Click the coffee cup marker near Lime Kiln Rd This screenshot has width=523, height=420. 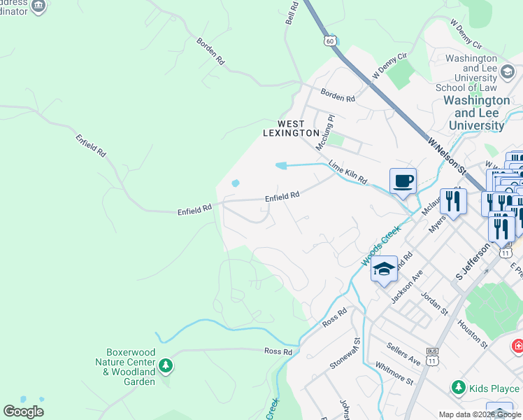(x=403, y=181)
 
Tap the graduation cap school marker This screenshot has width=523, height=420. (x=384, y=269)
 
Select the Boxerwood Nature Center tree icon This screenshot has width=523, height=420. (x=166, y=365)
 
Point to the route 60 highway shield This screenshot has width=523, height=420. (x=329, y=41)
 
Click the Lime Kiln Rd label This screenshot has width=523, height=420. (x=348, y=172)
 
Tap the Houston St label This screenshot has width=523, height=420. (x=472, y=332)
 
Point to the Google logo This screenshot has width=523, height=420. (x=23, y=411)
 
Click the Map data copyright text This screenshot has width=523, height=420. (x=480, y=414)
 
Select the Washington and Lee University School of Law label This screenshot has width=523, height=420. (x=466, y=73)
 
